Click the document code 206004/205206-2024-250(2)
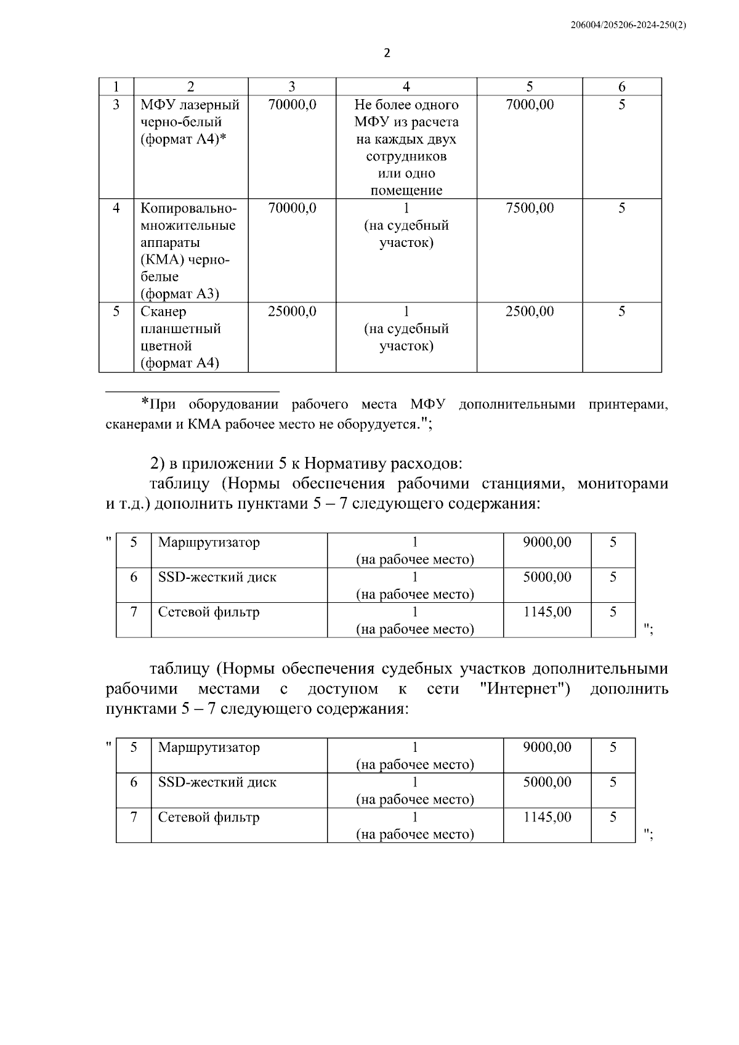(x=628, y=25)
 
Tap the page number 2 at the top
(x=387, y=53)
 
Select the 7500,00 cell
(x=530, y=208)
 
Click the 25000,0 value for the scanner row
(x=292, y=312)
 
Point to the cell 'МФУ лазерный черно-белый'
(x=190, y=122)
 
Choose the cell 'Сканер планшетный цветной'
(x=180, y=337)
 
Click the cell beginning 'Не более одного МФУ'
(x=406, y=147)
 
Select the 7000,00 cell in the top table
(x=530, y=105)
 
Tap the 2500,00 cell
(x=530, y=312)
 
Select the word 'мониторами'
(x=623, y=483)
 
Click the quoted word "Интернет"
(x=523, y=688)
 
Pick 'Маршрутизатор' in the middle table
(x=209, y=543)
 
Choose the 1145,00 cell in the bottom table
(x=547, y=818)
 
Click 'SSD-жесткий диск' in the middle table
(x=217, y=578)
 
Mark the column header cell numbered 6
(x=622, y=87)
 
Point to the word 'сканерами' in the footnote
(x=135, y=424)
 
